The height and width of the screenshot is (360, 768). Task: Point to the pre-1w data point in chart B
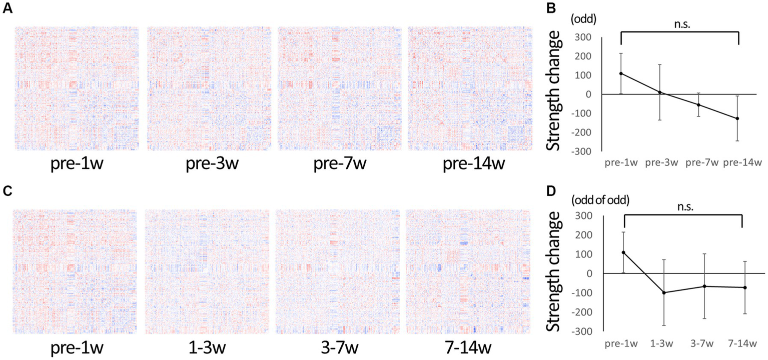[x=620, y=73]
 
